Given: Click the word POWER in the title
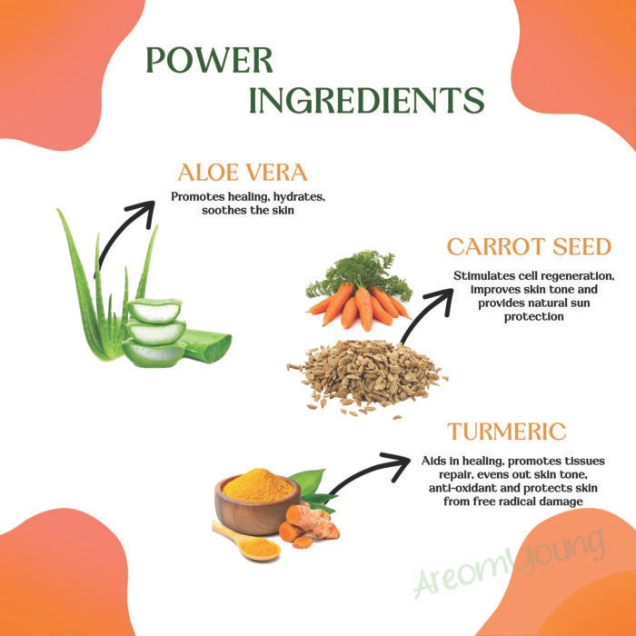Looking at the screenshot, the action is tap(209, 60).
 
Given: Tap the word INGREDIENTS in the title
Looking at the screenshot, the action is tap(367, 100).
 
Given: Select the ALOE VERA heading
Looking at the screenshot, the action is tap(243, 173).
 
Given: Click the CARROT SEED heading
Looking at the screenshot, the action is tap(529, 246).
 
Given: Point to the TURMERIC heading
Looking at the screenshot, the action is tap(507, 432).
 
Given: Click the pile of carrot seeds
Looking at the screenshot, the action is tap(367, 377).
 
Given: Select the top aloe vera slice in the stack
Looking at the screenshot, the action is tap(154, 311).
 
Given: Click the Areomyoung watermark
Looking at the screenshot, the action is tap(509, 564).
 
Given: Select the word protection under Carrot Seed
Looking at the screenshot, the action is tap(534, 317).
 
